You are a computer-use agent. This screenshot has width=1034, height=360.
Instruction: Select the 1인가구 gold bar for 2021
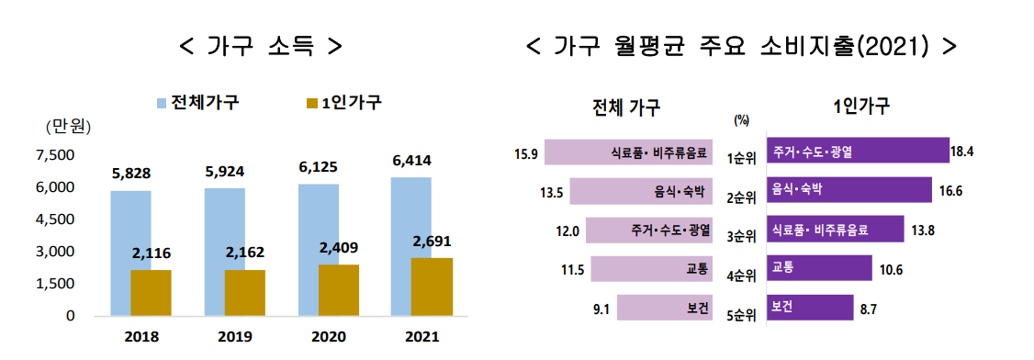432,286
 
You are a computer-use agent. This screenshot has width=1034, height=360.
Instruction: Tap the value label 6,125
318,168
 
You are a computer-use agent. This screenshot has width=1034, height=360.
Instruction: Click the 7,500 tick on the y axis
54,155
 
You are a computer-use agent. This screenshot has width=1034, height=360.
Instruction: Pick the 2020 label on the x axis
318,335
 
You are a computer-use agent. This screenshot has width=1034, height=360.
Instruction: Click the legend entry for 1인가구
344,102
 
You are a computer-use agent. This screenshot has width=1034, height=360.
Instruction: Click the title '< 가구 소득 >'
261,45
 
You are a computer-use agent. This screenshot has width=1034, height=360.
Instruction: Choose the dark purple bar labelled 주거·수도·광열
859,151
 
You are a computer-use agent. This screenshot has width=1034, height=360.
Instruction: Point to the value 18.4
967,151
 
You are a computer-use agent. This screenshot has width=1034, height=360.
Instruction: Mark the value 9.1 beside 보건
602,309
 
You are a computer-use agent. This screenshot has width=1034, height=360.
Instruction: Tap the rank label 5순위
740,315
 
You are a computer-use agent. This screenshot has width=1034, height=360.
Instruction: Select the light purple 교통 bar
652,269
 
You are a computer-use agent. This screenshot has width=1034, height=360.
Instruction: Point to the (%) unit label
742,120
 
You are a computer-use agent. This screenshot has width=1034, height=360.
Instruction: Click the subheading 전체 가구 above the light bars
628,107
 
